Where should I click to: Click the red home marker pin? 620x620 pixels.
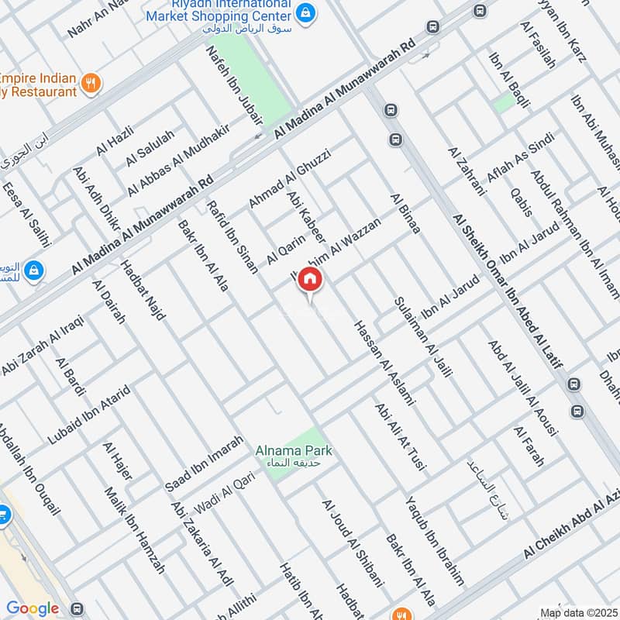(310, 280)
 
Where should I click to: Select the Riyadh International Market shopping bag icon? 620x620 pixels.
(306, 13)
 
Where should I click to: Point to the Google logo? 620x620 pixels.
(33, 608)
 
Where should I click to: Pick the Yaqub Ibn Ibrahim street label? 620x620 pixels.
(435, 539)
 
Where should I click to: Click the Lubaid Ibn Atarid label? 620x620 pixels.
(88, 414)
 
